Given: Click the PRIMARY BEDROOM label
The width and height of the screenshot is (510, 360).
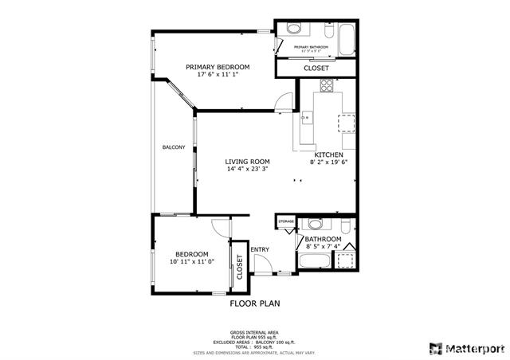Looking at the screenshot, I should (218, 67).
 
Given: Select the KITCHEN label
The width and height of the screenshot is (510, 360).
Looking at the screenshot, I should (329, 155).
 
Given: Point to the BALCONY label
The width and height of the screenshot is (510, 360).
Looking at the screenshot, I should (174, 147).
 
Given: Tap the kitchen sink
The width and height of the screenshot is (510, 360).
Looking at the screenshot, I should (306, 120).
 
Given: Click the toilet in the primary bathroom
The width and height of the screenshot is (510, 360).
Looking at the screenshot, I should (293, 29).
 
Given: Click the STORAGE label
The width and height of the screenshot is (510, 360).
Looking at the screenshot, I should (286, 221).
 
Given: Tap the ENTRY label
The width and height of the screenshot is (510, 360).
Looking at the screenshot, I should (260, 249).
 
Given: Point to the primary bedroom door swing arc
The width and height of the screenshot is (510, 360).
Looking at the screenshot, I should (283, 100).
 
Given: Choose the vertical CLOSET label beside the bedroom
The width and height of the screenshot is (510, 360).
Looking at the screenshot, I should (238, 270).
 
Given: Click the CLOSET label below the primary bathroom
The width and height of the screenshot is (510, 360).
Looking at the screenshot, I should (316, 68).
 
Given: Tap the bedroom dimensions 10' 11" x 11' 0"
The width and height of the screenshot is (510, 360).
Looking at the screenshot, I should (192, 261).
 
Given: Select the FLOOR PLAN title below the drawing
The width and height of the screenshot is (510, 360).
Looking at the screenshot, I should (254, 303).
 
